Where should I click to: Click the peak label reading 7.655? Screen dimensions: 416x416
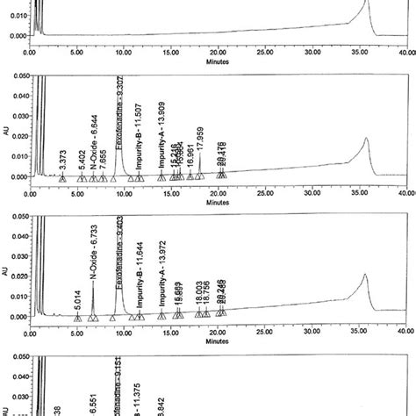point(104,156)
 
